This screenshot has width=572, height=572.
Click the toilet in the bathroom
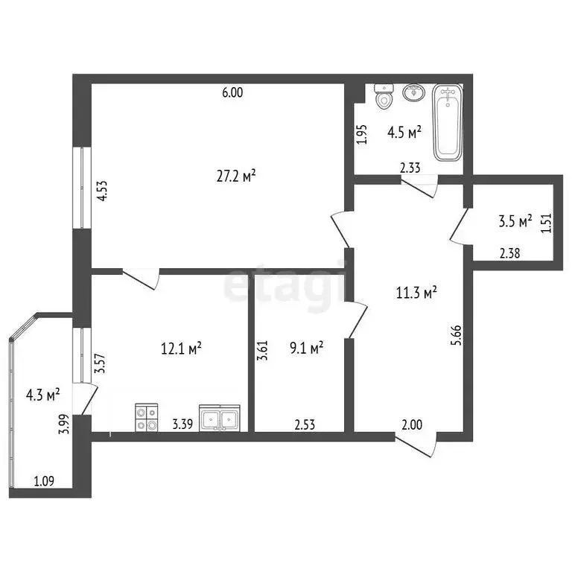384,97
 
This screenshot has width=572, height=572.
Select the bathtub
448,123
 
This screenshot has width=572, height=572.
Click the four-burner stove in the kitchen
147,418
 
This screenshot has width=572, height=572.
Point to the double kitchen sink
220,418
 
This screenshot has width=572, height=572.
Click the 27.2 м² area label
236,177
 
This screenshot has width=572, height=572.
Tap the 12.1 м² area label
181,349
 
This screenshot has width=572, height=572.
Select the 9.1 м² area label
306,348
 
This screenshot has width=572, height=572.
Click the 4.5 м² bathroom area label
404,132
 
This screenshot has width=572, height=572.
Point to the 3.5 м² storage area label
515,221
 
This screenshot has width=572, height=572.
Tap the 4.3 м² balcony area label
43,395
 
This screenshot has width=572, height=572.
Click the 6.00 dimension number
232,92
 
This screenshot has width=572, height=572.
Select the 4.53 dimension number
102,191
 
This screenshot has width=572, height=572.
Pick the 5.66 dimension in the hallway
457,335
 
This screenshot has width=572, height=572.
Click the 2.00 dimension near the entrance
412,425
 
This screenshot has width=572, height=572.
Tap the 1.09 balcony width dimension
44,481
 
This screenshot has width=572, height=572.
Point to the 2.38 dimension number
509,253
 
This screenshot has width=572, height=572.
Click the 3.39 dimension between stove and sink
182,425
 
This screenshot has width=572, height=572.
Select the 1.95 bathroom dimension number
361,135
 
